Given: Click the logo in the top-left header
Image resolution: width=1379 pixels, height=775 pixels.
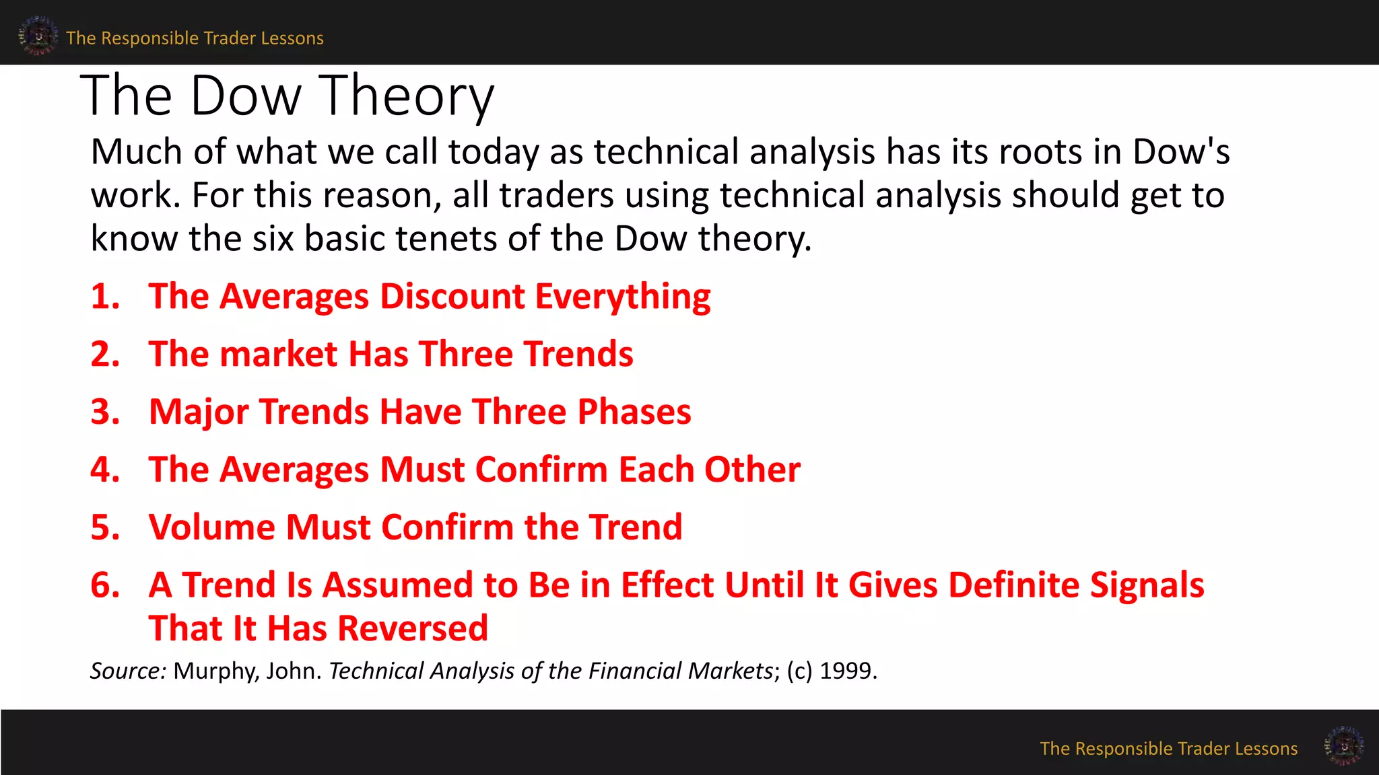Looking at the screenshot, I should click(x=38, y=36).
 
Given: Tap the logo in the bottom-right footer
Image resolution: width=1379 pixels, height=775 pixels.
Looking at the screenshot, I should click(x=1343, y=745).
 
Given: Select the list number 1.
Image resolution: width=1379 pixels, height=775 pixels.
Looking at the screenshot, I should click(x=105, y=297).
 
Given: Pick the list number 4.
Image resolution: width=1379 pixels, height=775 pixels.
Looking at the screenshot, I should click(x=105, y=470).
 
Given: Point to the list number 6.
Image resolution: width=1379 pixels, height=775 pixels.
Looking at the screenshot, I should click(x=105, y=585).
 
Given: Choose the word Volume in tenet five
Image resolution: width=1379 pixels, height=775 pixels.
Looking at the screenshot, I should click(x=212, y=527).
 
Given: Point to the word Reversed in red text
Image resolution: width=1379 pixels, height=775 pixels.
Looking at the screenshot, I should click(x=412, y=628).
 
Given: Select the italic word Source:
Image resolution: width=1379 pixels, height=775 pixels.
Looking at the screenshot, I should click(x=128, y=671).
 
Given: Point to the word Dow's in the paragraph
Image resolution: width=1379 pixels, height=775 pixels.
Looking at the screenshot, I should click(x=1181, y=151).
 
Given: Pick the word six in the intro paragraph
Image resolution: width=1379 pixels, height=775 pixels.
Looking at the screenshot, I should click(x=273, y=238).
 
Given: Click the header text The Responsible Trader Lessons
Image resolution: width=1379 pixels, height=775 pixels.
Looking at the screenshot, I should click(x=195, y=38).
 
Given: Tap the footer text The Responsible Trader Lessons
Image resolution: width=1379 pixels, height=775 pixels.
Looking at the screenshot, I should click(x=1168, y=749).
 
